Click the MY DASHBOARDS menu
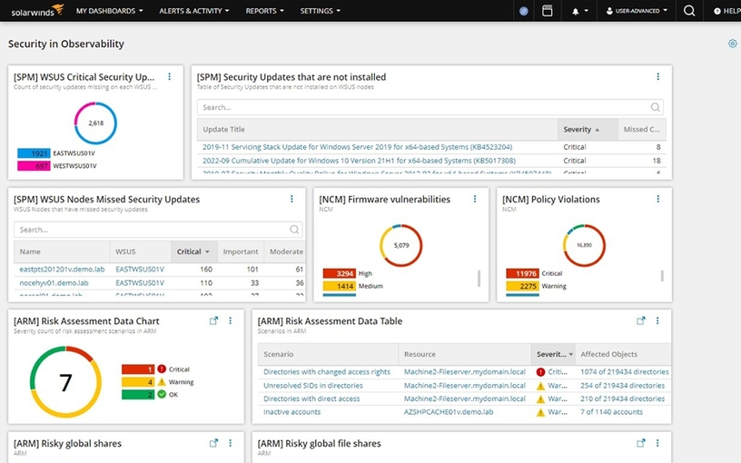(x=110, y=11)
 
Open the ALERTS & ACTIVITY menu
(x=193, y=11)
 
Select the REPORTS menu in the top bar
(x=264, y=11)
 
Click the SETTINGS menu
(x=320, y=11)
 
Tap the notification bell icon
(x=576, y=11)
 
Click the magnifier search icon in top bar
(x=689, y=11)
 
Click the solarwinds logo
(x=33, y=11)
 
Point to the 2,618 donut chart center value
(x=95, y=122)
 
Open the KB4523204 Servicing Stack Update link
(x=357, y=146)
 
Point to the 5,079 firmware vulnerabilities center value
(x=401, y=245)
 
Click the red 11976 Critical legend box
(x=521, y=273)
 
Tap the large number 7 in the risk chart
(x=65, y=382)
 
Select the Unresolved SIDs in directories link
(x=312, y=385)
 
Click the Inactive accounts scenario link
(x=291, y=412)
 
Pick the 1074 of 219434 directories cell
(x=625, y=372)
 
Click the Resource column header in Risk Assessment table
(x=420, y=354)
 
